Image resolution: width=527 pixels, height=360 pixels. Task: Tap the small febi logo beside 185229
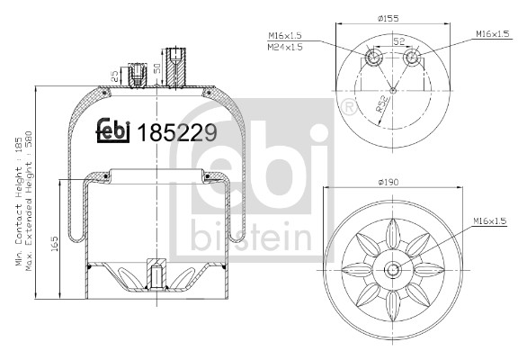(x=115, y=131)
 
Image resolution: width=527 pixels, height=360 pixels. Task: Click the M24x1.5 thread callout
(x=284, y=47)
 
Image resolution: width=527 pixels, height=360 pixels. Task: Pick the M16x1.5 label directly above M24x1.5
(x=284, y=36)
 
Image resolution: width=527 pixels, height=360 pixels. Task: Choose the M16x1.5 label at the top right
(x=492, y=35)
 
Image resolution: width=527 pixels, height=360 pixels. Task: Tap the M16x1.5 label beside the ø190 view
(x=489, y=220)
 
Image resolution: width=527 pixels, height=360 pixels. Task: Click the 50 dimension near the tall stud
(x=158, y=67)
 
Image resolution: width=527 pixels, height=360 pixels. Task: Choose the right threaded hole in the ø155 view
(x=413, y=59)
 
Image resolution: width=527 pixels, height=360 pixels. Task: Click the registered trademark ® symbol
(x=347, y=109)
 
